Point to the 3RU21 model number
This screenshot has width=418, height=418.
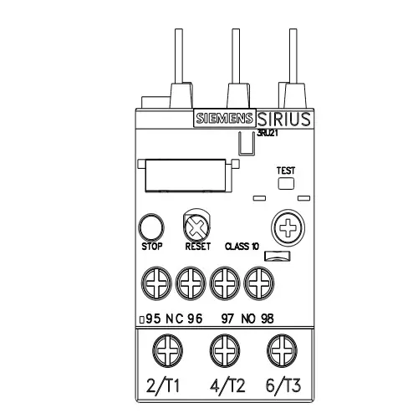click(257, 132)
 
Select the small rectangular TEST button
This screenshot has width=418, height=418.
click(286, 183)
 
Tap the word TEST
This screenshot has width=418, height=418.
click(286, 170)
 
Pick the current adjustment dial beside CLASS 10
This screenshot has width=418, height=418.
click(286, 226)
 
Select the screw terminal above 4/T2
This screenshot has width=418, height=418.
click(221, 346)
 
